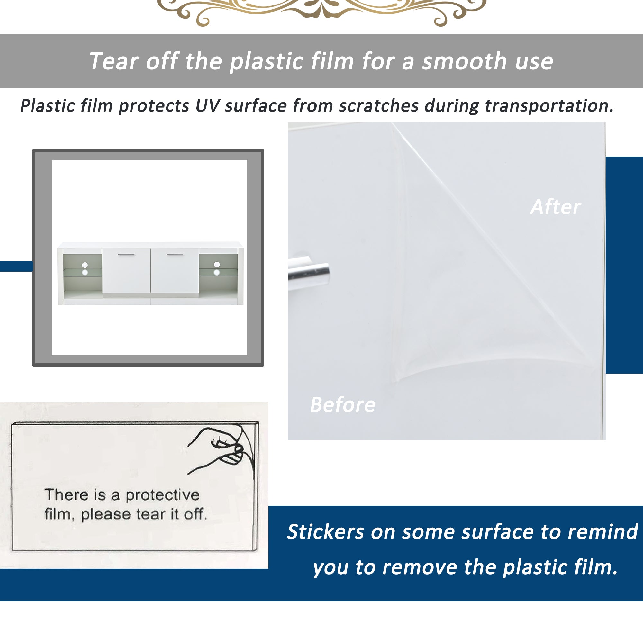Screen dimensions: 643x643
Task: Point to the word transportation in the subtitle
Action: pos(549,106)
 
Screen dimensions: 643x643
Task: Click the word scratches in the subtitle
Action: pos(379,106)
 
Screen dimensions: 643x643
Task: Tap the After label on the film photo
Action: pos(556,207)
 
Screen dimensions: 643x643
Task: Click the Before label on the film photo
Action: pos(342,405)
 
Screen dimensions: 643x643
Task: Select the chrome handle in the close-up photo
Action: pos(309,273)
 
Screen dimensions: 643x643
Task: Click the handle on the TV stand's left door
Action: pos(126,255)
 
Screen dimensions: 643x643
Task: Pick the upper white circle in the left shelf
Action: pos(85,265)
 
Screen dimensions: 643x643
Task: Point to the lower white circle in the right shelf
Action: pos(217,272)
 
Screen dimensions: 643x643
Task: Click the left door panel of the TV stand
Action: pos(126,271)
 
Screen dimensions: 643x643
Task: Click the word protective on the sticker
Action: pos(162,495)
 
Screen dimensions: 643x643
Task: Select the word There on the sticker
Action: pos(67,494)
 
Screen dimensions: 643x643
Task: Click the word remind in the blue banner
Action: pos(603,531)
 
